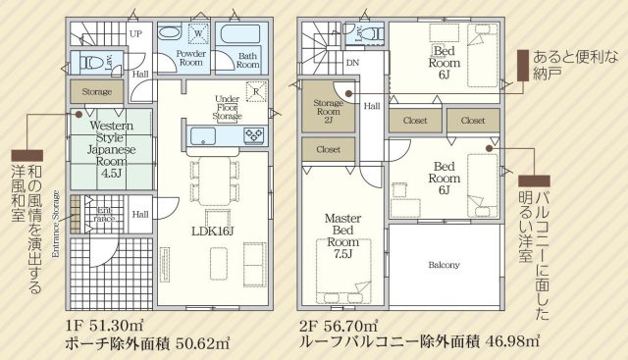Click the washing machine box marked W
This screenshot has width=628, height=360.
point(198,32)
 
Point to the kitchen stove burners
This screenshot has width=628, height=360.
point(254,135)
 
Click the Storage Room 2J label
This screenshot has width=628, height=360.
point(328,111)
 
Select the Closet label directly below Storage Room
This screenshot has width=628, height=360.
point(328,149)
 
